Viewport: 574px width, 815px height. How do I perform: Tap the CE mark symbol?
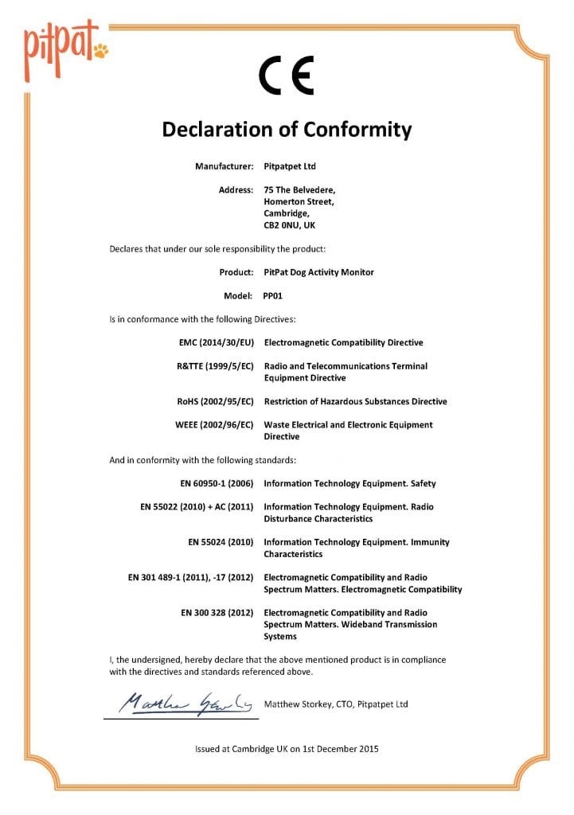point(287,76)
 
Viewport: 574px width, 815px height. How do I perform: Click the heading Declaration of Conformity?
point(287,129)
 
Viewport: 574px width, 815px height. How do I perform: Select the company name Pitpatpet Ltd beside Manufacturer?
point(290,166)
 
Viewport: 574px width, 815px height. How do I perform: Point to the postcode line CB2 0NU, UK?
point(290,225)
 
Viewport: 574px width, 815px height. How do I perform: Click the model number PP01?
point(273,295)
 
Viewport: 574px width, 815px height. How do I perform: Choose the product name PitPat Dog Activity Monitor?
point(318,272)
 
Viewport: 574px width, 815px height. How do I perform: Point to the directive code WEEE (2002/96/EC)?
point(214,425)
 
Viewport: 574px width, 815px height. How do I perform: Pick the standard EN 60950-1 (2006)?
point(217,483)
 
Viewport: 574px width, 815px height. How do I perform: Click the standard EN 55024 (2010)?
point(221,542)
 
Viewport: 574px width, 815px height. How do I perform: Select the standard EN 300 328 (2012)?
point(217,613)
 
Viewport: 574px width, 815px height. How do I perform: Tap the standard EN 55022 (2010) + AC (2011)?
point(197,507)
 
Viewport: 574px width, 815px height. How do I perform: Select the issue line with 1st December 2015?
point(287,749)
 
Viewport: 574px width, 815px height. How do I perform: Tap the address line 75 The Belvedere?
point(299,190)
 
